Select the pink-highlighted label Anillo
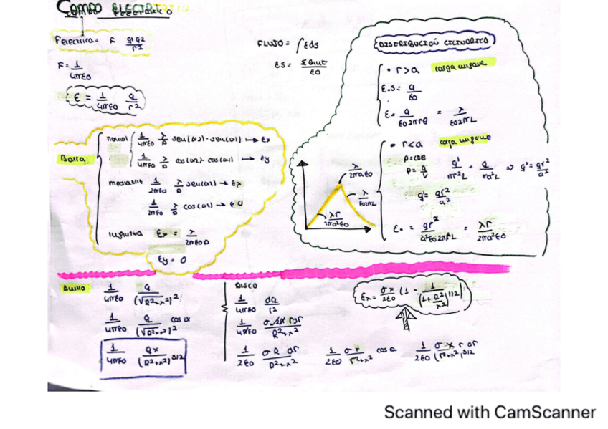tap(74, 288)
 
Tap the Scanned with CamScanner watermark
tap(490, 413)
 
